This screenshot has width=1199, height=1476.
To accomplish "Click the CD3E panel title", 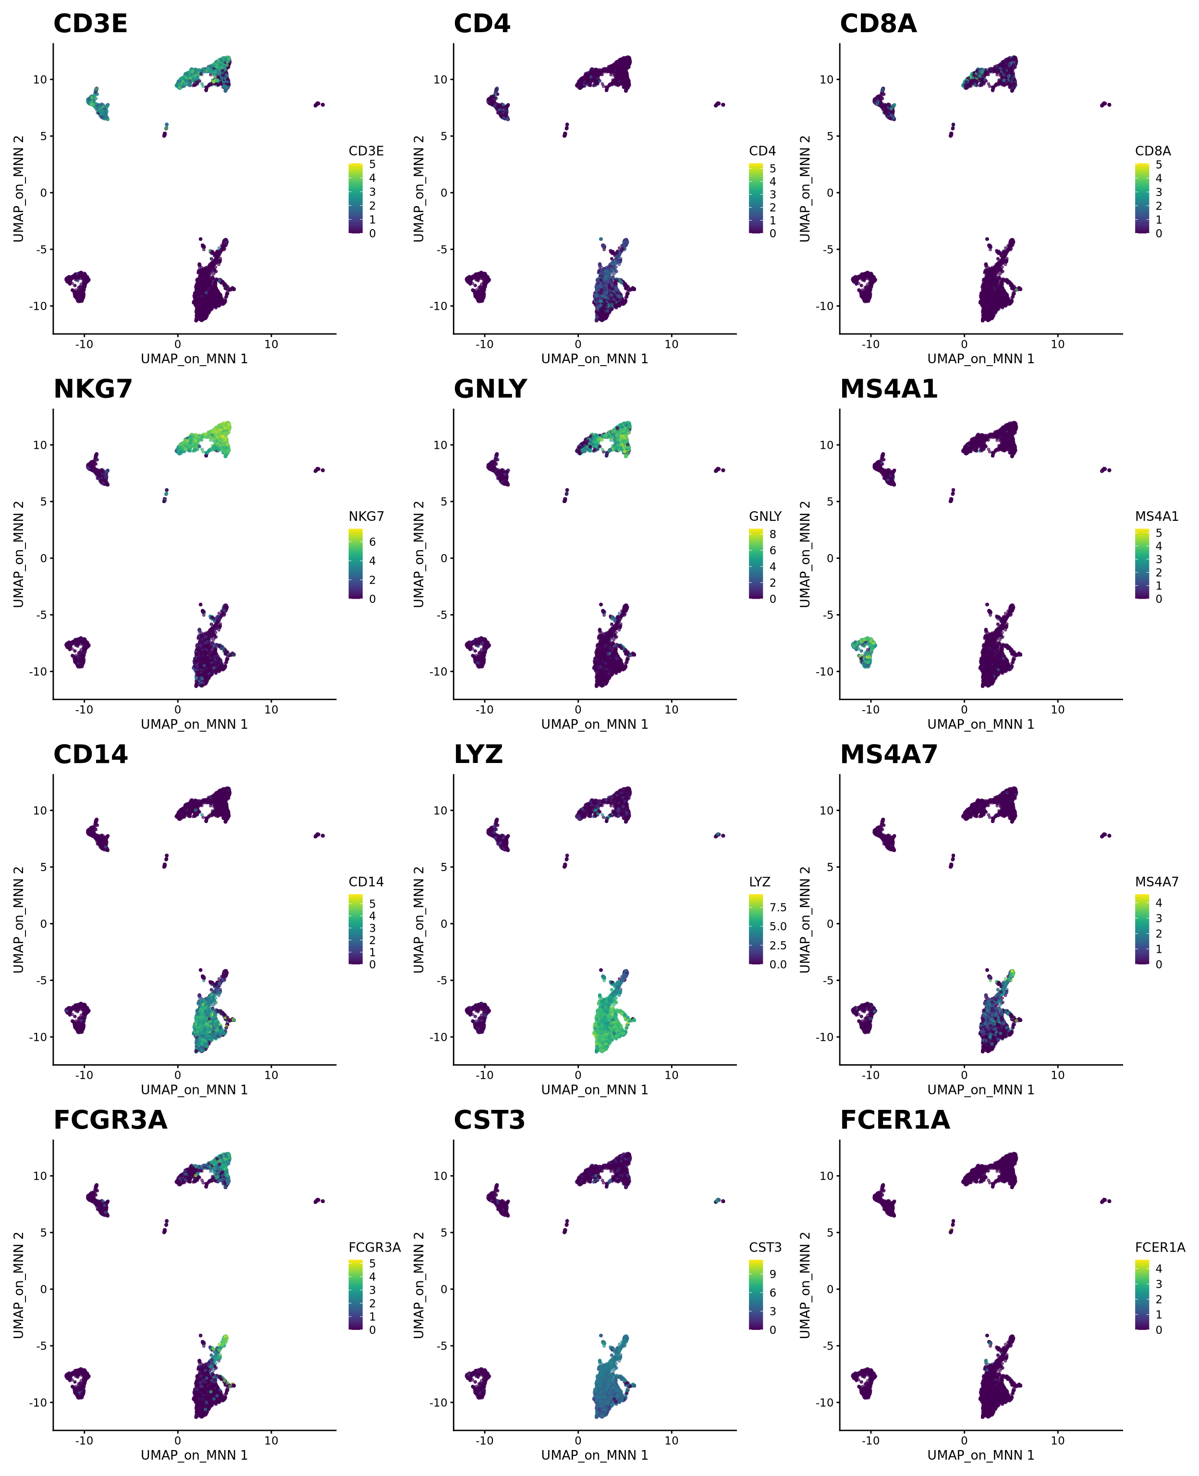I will click(90, 24).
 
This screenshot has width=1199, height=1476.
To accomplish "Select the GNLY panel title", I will click(490, 390).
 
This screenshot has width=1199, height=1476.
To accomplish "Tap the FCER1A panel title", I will click(894, 1120).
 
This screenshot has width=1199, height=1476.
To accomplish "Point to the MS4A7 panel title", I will click(888, 755).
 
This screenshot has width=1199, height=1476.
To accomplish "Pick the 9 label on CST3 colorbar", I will click(773, 1274).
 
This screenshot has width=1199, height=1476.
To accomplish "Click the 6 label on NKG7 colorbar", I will click(372, 542).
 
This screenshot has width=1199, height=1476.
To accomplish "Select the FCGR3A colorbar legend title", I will click(374, 1247).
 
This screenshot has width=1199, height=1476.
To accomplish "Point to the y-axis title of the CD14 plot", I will click(19, 919).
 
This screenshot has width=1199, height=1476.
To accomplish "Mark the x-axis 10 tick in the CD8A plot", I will click(1057, 344).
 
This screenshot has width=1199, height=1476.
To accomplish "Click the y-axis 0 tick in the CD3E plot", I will click(44, 193).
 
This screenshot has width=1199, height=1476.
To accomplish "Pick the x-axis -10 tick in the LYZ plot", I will click(485, 1075).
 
